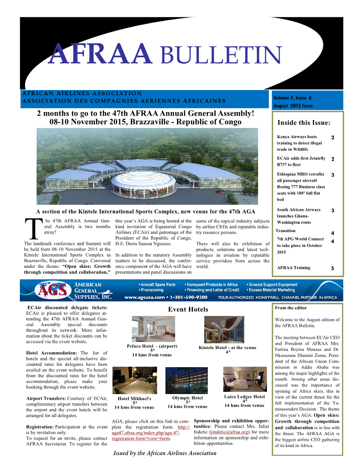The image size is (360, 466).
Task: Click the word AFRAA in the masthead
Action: click(x=101, y=54)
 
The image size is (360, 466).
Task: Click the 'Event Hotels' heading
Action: click(x=188, y=309)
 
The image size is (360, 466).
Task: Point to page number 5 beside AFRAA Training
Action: click(x=333, y=268)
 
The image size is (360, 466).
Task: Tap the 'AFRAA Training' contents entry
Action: click(x=293, y=267)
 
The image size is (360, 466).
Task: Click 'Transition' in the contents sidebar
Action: click(x=285, y=231)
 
